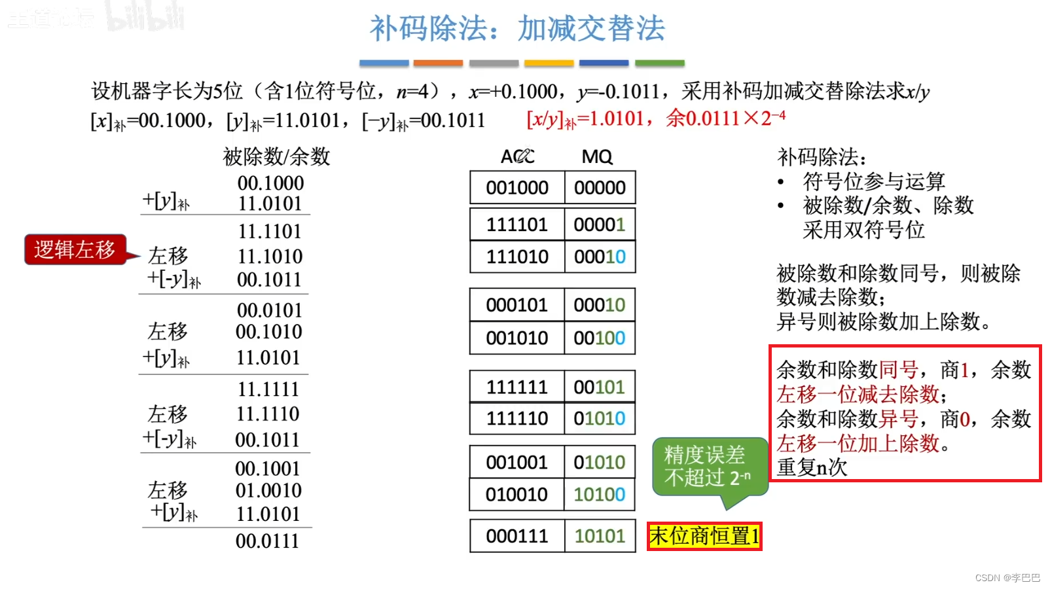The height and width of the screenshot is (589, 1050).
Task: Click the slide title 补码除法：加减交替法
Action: pos(517,29)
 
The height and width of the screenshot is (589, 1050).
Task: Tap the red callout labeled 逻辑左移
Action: pos(75,249)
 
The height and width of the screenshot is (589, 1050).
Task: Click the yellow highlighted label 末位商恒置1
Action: pos(704,536)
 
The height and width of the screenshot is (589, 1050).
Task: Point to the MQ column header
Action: pos(597,157)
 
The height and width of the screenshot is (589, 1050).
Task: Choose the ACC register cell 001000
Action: pos(517,188)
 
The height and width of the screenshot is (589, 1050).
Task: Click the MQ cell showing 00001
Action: pos(600,224)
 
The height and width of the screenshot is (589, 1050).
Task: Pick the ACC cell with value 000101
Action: pos(516,305)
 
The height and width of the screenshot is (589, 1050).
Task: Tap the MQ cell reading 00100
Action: pos(600,338)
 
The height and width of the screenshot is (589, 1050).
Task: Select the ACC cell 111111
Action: pos(516,387)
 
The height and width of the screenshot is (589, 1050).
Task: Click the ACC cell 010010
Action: pos(516,494)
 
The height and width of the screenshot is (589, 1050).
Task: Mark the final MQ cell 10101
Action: pos(600,536)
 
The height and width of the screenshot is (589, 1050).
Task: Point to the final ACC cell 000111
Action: pos(516,536)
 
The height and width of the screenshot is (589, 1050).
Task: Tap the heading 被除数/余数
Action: pos(276,157)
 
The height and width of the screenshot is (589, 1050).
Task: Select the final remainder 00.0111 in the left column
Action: pos(267,541)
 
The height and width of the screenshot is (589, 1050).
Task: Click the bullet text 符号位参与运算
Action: pos(873,181)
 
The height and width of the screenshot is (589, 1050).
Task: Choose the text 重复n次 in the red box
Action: pos(812,467)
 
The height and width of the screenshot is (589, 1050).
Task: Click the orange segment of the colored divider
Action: pos(438,63)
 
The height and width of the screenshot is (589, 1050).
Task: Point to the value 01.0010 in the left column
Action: pos(268,491)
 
